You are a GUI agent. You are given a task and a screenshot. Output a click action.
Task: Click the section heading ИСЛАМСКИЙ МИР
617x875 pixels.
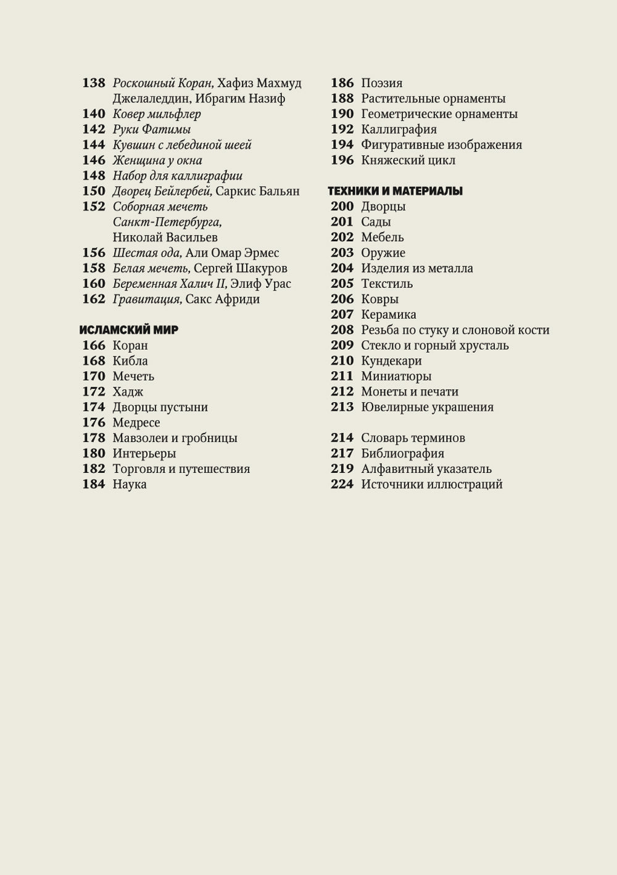pos(130,330)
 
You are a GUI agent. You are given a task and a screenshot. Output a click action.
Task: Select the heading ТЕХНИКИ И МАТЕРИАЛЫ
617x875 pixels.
pos(395,191)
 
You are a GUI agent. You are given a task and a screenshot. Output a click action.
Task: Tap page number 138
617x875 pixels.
pos(94,83)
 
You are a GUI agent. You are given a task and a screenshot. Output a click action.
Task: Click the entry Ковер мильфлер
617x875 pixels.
pos(157,114)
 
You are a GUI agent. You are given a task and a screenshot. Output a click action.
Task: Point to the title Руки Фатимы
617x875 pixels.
pos(152,129)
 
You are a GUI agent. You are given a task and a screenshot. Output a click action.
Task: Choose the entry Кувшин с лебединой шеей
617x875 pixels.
pos(182,145)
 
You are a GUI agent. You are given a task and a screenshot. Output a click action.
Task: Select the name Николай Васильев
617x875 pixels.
pos(165,237)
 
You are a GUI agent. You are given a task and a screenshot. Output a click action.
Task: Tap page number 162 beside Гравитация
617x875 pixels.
pos(94,299)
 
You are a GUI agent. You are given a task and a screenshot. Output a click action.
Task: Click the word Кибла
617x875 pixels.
pos(130,361)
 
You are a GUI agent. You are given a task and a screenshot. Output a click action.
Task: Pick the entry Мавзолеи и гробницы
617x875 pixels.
pos(175,438)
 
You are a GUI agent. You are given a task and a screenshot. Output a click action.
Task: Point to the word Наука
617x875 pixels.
pos(130,484)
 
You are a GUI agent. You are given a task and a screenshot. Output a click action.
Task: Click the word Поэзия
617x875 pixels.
pos(382,83)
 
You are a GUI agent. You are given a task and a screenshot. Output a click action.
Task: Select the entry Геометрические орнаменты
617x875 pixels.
pos(439,114)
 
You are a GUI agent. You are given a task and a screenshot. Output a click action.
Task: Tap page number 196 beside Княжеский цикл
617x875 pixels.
pos(342,160)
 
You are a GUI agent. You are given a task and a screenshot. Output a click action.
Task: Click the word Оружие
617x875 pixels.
pos(383,253)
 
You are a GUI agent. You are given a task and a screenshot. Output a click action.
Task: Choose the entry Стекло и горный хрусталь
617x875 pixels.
pos(435,345)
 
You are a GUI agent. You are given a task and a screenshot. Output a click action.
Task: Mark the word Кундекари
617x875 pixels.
pos(391,361)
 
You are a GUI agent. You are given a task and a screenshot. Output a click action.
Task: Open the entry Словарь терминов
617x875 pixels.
pos(413,438)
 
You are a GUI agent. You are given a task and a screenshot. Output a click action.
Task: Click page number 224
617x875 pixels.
pos(342,484)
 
